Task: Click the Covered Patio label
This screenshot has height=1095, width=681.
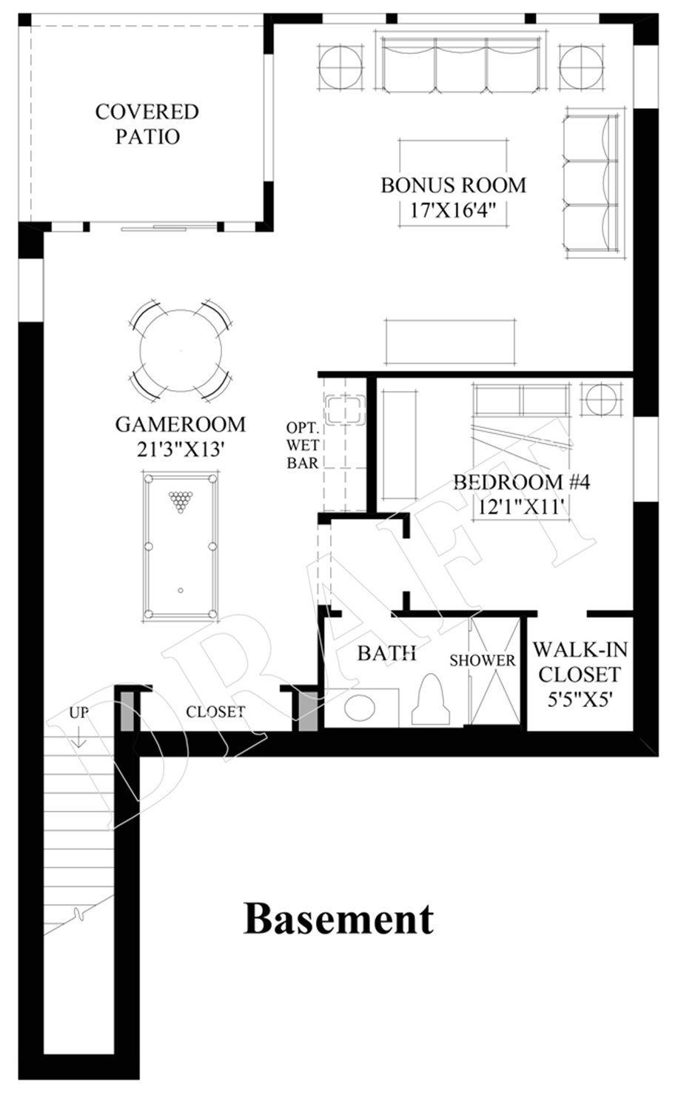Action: click(147, 124)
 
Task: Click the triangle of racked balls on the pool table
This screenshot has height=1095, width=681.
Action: click(179, 502)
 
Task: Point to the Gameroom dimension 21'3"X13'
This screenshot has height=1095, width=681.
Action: click(180, 449)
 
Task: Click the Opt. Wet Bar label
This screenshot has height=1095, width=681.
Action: click(303, 446)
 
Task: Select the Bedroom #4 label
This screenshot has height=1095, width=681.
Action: click(521, 482)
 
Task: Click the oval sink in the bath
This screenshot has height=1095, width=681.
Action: click(360, 708)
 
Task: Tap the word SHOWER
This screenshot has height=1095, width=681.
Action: click(483, 660)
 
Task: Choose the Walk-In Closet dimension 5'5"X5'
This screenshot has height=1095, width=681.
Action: click(580, 699)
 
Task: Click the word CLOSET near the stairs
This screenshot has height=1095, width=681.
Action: click(215, 711)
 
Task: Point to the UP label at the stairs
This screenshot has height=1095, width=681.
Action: click(79, 712)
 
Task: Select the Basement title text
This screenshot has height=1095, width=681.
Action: click(338, 919)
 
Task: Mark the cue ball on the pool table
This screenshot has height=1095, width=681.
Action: click(181, 590)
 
